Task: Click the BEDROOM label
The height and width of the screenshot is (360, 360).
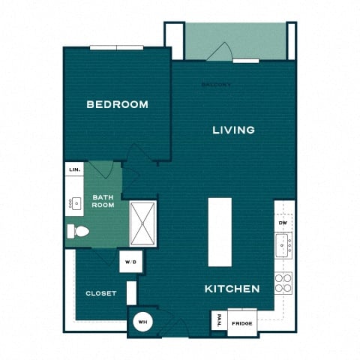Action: coord(117,104)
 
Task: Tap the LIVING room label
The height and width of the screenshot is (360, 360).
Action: coord(233,130)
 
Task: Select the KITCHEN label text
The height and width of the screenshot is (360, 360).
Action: coord(232,289)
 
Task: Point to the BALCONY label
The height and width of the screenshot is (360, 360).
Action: coord(217,85)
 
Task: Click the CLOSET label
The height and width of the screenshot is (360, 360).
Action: coord(100,293)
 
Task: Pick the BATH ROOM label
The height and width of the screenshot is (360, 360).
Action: coord(103,201)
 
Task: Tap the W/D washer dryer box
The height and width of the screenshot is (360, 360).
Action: coord(130,262)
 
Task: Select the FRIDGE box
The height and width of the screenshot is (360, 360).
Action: coord(241,323)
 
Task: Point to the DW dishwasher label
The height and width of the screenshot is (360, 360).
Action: coord(283,223)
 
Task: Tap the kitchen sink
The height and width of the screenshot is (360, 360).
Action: coord(283,243)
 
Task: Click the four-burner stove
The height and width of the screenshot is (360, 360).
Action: coord(283,282)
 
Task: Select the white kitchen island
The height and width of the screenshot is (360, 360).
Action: coord(219,232)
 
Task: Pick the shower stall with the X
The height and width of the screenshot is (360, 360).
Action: coord(142,223)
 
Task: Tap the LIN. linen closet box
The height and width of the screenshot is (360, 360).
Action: coord(74,170)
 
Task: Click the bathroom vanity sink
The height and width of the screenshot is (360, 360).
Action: coord(76,202)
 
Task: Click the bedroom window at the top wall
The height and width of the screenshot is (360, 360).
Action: coord(116,48)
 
